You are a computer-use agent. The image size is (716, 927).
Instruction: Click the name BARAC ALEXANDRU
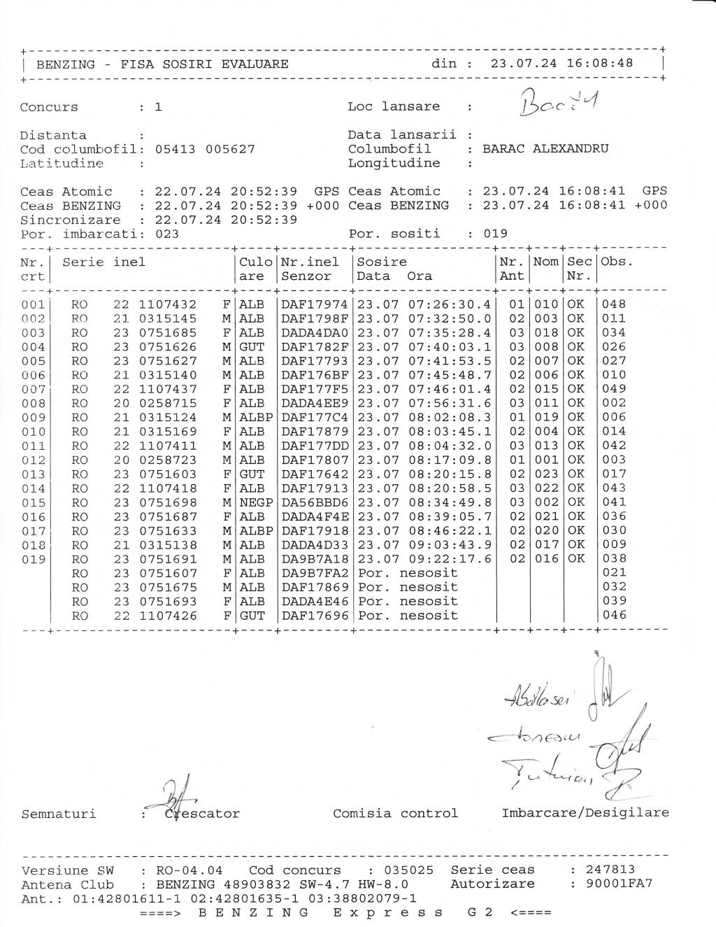(545, 149)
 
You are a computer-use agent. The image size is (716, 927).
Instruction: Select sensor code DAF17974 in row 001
(314, 304)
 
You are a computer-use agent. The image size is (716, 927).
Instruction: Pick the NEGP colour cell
(256, 502)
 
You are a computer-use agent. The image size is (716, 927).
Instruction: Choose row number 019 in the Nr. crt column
(34, 559)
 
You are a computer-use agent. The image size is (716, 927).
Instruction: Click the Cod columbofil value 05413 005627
(204, 149)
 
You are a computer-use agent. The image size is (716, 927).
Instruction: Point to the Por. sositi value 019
(496, 234)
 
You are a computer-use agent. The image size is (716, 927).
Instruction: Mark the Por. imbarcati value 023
(166, 234)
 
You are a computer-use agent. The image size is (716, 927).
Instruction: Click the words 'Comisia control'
(395, 813)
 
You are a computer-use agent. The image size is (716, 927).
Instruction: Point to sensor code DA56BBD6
(314, 502)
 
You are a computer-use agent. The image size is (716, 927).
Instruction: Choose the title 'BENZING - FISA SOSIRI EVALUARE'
(162, 64)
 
